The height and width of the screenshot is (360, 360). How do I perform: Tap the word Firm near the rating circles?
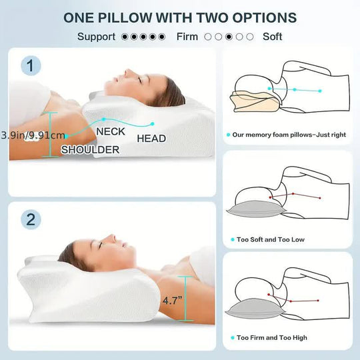[x=187, y=37]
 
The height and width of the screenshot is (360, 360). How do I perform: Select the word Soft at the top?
[x=273, y=37]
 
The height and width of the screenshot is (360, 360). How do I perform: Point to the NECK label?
[x=110, y=132]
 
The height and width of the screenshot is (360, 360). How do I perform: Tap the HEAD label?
[x=151, y=139]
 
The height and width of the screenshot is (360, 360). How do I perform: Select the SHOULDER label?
[x=90, y=149]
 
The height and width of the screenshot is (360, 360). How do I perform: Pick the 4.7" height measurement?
[x=170, y=300]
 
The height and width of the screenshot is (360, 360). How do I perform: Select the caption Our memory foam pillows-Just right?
[x=289, y=135]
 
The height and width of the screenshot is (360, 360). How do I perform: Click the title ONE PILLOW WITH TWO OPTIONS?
[x=180, y=17]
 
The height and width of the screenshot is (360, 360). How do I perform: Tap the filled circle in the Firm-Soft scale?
[x=229, y=37]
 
